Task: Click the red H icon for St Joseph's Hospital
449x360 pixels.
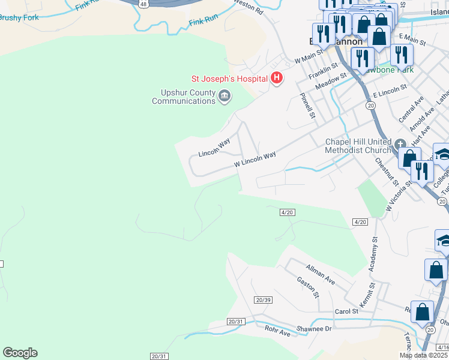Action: (277, 78)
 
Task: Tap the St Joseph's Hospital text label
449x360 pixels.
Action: (229, 78)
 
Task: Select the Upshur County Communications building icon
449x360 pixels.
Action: (224, 96)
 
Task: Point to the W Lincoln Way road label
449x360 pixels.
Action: (255, 159)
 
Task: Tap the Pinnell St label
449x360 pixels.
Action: (308, 104)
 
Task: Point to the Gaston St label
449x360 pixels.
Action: (307, 287)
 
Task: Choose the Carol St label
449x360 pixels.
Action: (346, 311)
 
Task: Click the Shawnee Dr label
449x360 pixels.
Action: (316, 328)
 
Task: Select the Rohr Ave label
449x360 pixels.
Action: (277, 331)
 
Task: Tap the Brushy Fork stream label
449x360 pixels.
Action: (19, 18)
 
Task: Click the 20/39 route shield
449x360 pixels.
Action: (263, 299)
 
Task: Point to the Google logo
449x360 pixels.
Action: (20, 353)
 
